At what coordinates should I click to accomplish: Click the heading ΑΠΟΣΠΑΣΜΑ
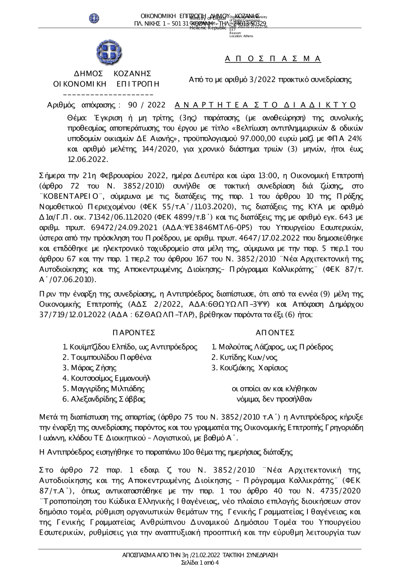[x=273, y=59]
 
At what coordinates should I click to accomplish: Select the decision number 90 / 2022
[x=146, y=105]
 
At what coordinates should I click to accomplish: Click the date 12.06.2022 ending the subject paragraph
[x=88, y=159]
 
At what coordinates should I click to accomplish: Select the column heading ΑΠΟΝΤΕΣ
[x=275, y=333]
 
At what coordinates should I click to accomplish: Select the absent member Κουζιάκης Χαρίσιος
[x=253, y=368]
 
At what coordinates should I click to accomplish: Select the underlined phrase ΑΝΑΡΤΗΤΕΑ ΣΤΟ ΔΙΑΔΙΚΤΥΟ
[x=265, y=105]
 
